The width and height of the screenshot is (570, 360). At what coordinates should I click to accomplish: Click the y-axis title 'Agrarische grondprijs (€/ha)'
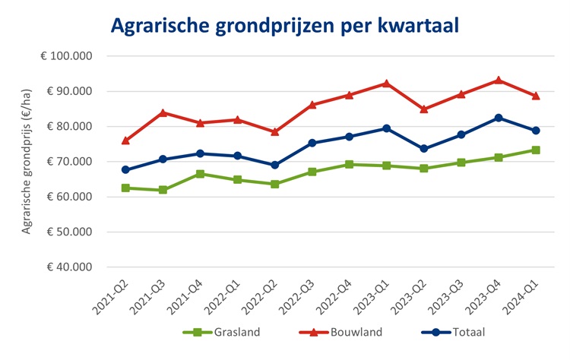27,163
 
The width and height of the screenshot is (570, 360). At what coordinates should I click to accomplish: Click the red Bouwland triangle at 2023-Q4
499,80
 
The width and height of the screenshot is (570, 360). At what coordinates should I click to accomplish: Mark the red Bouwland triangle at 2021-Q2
125,141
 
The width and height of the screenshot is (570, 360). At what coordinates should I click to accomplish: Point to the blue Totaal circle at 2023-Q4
499,118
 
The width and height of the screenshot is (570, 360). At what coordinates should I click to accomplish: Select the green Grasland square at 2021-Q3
163,190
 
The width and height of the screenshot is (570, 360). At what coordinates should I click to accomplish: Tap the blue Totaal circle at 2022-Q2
274,165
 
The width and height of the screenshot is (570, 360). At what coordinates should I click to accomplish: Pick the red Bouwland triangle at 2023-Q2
424,109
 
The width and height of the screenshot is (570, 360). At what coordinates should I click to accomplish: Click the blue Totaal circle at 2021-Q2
125,170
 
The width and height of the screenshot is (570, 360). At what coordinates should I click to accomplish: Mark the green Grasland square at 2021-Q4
200,174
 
